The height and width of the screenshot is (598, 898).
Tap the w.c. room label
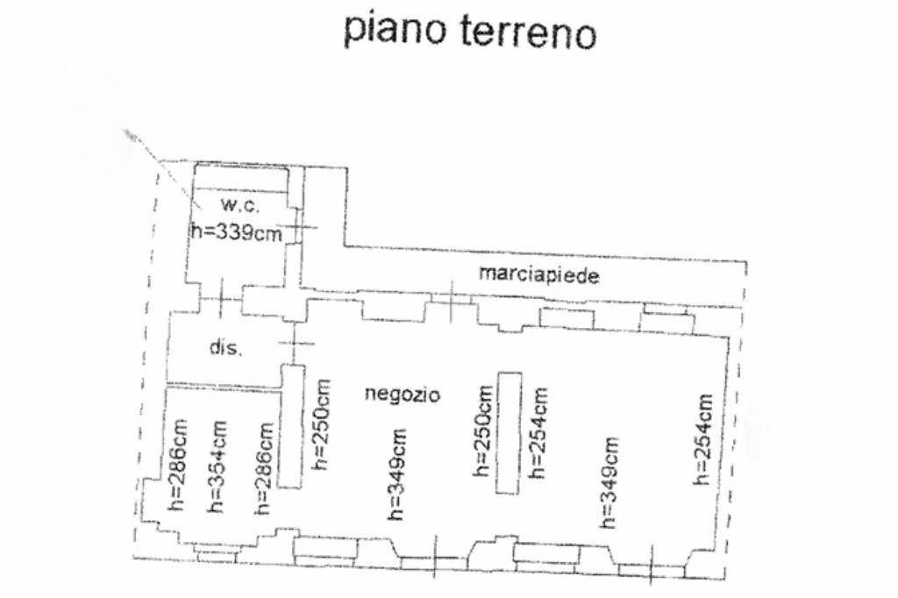tap(240, 206)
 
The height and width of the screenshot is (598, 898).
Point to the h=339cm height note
tap(236, 232)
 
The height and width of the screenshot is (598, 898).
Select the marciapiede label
tap(539, 275)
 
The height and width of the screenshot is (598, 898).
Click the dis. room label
tap(225, 346)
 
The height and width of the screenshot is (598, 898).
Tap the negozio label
tap(403, 394)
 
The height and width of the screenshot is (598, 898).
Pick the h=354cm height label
tap(217, 466)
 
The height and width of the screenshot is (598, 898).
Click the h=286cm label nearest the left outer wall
tap(177, 465)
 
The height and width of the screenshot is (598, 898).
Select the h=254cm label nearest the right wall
tap(704, 439)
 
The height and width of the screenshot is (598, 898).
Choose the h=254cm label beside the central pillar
tap(538, 432)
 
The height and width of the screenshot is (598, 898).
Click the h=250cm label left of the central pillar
tap(483, 431)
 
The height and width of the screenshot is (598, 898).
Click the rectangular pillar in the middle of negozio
tap(509, 432)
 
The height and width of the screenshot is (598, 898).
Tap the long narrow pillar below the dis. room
tap(292, 427)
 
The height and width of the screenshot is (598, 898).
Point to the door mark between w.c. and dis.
tap(221, 298)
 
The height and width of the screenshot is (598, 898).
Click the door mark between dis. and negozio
tap(295, 343)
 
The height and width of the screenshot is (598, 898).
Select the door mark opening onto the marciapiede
tap(452, 300)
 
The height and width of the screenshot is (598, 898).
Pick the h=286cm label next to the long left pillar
tap(264, 468)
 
